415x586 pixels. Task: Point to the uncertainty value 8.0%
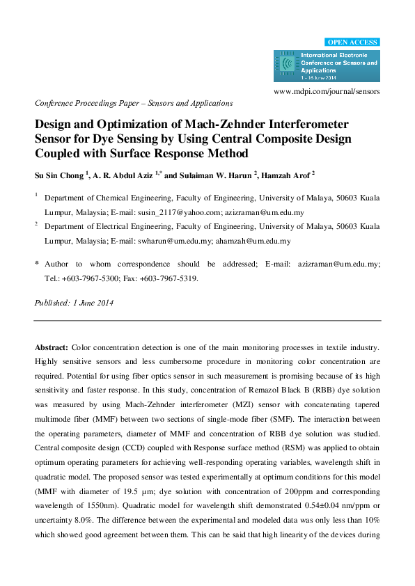(x=88, y=525)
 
